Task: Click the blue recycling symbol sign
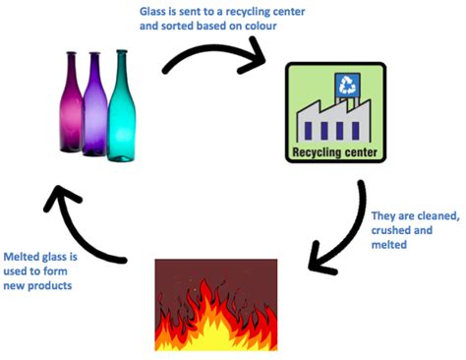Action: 347,85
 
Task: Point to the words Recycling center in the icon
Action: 334,152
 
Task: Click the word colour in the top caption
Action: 261,26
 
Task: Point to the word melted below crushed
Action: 389,245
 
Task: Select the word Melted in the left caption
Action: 21,257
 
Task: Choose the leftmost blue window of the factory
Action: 309,131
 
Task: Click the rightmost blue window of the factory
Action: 356,131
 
